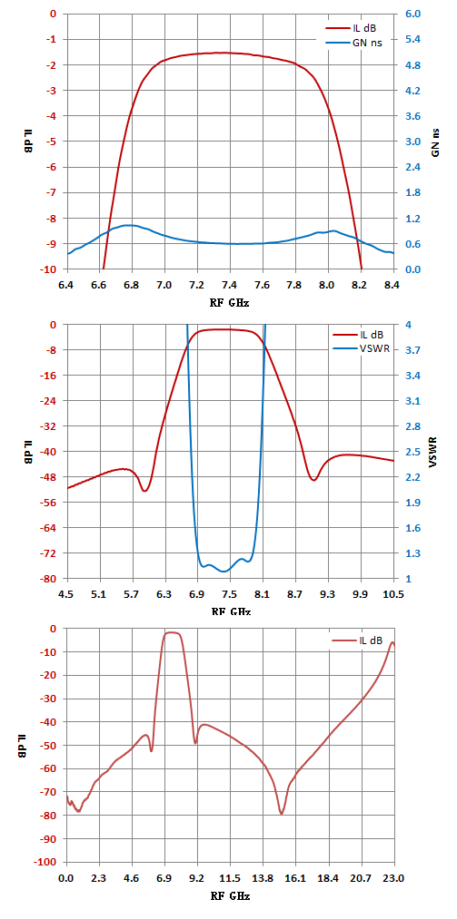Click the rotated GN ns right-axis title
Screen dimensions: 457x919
(435, 142)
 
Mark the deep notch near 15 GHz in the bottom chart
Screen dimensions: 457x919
(282, 814)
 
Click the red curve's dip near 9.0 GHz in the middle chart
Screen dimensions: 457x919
(313, 480)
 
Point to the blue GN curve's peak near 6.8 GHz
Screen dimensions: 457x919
(130, 225)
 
